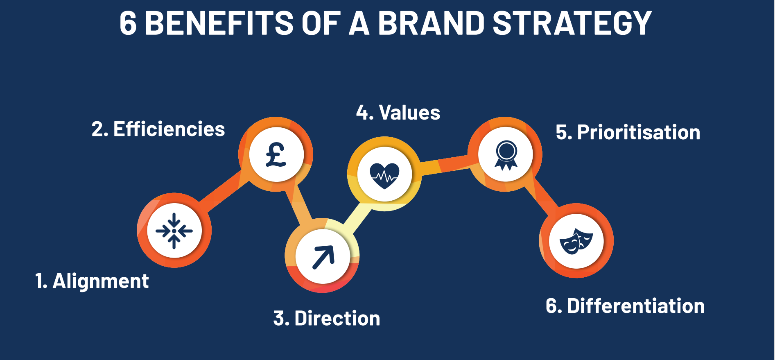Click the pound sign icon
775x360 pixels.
tap(276, 155)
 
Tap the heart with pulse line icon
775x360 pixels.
tap(384, 176)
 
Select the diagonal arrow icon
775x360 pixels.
tap(323, 257)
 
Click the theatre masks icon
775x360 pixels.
tap(576, 241)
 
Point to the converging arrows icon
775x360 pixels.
tap(174, 231)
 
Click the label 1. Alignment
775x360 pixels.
tap(92, 281)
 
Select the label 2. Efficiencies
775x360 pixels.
tap(158, 129)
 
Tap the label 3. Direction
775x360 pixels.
tap(327, 318)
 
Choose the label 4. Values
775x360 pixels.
tap(398, 113)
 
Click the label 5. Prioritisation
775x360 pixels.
tap(628, 132)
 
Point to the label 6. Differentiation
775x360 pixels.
tap(625, 306)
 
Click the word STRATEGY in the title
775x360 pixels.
tap(572, 23)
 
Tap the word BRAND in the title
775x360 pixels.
tap(431, 23)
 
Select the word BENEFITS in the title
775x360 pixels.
tap(219, 23)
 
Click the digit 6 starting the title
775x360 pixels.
tap(128, 23)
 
